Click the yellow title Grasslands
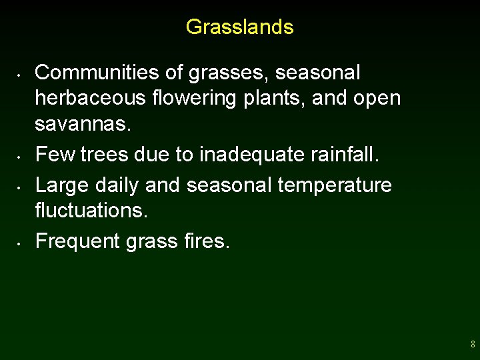click(239, 27)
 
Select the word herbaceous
click(90, 98)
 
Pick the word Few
click(55, 155)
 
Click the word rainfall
click(346, 155)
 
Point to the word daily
click(117, 185)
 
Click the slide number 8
click(472, 345)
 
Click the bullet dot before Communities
click(21, 73)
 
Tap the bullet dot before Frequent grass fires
click(21, 242)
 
